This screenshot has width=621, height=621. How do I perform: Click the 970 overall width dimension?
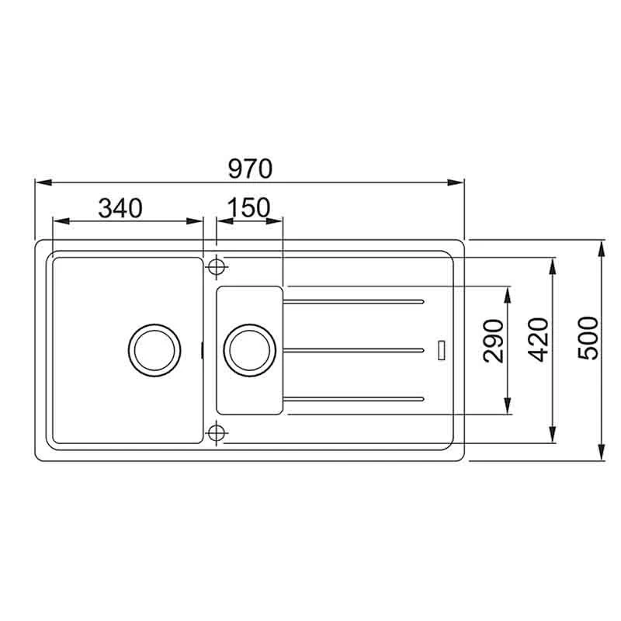(250, 168)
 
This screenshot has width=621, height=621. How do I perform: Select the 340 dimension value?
(120, 208)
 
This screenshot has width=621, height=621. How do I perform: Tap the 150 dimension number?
(249, 207)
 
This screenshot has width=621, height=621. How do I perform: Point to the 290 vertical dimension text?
(493, 341)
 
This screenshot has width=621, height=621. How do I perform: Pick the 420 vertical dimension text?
(539, 340)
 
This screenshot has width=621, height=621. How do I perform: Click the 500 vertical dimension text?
(588, 338)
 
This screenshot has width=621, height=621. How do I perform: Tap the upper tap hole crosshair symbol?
(217, 266)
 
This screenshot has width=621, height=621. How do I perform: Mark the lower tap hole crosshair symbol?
(217, 433)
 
